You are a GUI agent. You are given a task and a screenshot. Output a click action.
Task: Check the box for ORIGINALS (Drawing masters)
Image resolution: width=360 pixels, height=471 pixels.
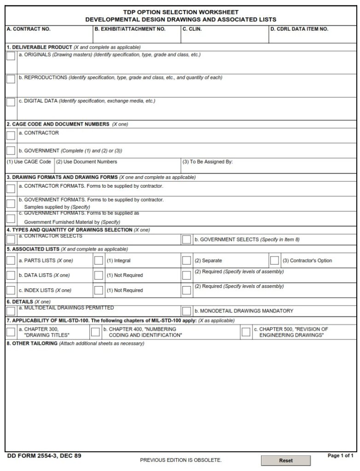point(11,56)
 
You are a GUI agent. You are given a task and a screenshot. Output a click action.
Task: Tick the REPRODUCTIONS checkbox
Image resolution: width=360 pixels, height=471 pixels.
point(11,79)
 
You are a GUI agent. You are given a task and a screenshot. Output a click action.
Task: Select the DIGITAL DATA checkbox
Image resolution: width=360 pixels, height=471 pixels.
point(11,102)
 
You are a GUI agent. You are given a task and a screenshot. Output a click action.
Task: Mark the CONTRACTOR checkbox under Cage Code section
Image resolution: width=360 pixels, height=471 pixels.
point(11,135)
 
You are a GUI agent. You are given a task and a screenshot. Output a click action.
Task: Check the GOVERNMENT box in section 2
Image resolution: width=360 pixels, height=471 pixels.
point(11,150)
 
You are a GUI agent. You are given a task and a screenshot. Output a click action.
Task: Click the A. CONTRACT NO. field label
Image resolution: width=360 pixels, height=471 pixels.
point(29,29)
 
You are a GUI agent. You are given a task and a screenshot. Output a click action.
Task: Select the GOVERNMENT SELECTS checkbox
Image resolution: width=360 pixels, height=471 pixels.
point(186,239)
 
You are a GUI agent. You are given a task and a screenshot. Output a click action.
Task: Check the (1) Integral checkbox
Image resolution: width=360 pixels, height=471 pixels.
point(99,260)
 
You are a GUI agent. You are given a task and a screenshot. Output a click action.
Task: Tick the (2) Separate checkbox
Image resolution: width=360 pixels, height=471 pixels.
point(186,260)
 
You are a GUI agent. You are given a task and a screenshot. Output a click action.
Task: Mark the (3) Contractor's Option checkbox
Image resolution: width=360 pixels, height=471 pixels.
point(274,260)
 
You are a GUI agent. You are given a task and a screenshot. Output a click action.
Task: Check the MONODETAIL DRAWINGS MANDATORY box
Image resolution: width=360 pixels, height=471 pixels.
point(186,311)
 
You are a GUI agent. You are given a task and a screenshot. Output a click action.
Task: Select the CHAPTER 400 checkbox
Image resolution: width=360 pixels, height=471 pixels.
point(95,332)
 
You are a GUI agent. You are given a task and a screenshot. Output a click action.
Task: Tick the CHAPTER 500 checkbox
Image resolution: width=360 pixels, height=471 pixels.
point(246,332)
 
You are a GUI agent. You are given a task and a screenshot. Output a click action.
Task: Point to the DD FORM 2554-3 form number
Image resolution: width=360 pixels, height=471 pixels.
point(44,456)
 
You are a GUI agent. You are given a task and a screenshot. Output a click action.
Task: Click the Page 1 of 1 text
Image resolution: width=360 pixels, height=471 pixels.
point(340,456)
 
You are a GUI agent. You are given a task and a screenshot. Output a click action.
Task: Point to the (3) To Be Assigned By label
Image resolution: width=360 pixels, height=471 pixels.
point(208,162)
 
